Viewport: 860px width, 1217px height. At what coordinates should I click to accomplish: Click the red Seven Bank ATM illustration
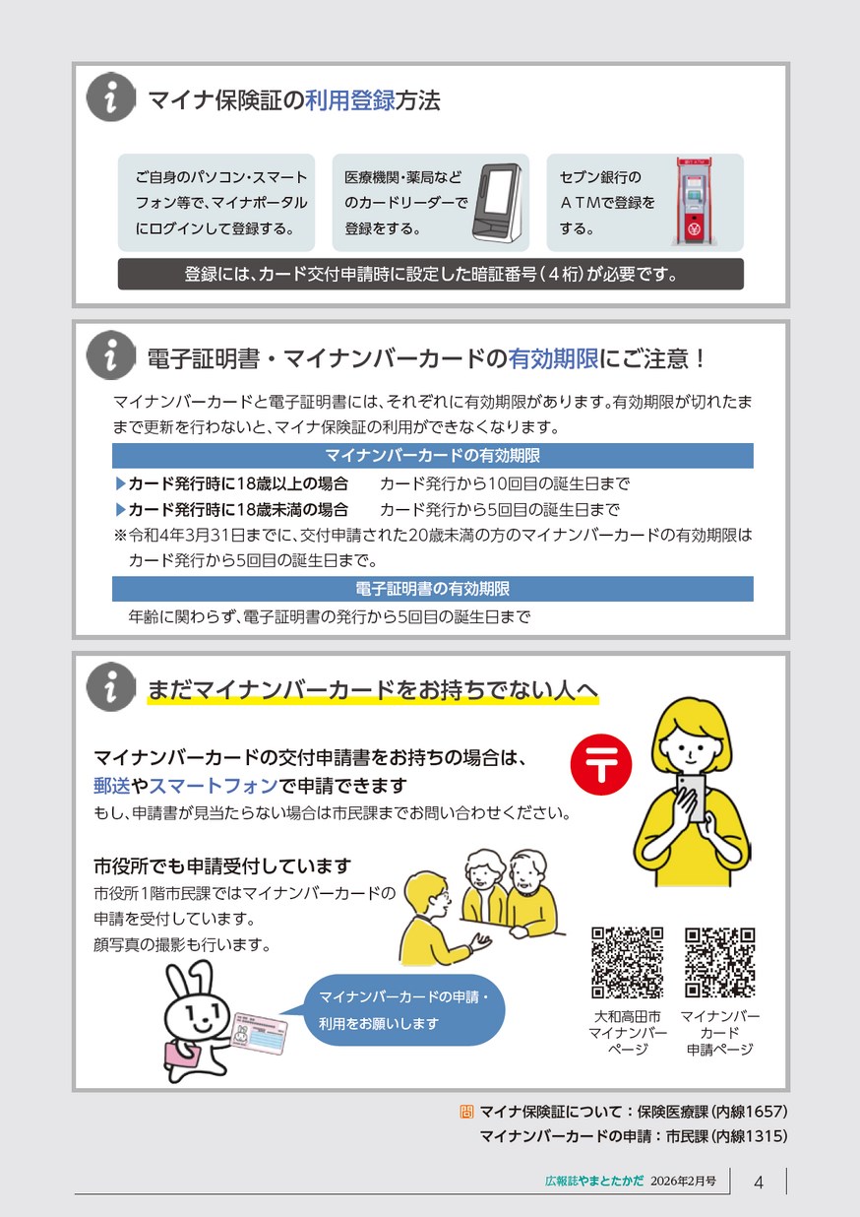tap(693, 201)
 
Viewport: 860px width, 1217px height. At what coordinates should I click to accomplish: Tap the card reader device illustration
tap(497, 202)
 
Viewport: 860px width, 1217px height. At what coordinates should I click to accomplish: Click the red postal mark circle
tap(601, 764)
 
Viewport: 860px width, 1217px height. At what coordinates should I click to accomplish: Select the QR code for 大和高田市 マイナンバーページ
tap(627, 963)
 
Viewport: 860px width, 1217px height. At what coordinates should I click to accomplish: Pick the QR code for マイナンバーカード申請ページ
tap(720, 963)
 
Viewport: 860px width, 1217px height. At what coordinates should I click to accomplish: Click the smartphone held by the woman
tap(691, 797)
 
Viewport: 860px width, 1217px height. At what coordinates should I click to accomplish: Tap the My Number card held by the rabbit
tap(260, 1035)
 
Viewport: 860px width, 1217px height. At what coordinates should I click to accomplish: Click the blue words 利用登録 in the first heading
tap(349, 100)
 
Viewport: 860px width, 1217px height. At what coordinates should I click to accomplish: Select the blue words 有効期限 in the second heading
tap(553, 359)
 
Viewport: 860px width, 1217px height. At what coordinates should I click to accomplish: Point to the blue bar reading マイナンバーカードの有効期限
tap(433, 455)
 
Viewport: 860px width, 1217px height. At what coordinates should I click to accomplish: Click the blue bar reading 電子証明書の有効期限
tap(433, 589)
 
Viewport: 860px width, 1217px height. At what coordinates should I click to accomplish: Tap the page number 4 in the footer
tap(759, 1183)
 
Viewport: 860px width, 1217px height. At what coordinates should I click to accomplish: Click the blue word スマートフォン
tap(214, 786)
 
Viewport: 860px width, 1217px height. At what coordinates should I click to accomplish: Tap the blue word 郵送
tap(112, 786)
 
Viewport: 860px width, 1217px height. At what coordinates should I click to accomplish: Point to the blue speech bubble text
tap(403, 1010)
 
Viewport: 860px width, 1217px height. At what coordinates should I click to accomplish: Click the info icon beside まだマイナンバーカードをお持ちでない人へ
tap(111, 686)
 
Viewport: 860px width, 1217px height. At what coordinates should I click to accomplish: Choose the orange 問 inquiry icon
tap(466, 1112)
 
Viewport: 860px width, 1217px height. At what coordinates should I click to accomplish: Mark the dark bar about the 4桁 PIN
tap(431, 274)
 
